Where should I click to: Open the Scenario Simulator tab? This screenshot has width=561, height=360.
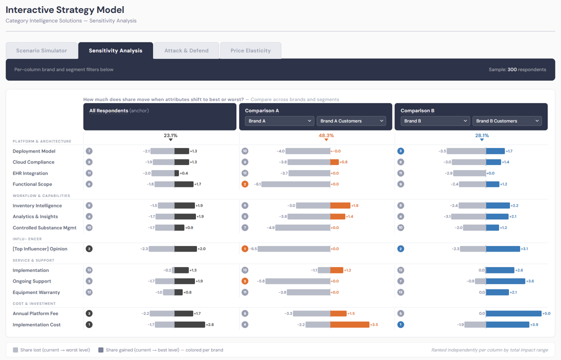point(41,50)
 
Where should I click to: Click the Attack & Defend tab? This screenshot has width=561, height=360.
point(186,50)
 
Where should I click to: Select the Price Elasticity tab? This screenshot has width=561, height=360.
point(250,50)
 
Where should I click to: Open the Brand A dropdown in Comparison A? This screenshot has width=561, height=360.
point(279,121)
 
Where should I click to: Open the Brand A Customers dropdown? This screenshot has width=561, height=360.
point(351,121)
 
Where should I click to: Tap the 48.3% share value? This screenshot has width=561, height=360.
point(326,135)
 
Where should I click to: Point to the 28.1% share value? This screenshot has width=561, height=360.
point(482,135)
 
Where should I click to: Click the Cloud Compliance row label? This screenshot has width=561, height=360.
point(33,162)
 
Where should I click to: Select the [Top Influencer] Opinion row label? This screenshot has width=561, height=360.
point(40,249)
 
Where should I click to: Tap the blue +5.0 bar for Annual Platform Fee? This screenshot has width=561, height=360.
point(513,313)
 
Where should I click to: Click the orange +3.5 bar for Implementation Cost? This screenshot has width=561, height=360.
point(349,324)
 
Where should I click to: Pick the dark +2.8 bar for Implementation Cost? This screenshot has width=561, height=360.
point(189,324)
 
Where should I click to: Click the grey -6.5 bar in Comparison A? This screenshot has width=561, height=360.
point(293,249)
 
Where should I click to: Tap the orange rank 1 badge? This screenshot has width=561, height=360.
point(245,249)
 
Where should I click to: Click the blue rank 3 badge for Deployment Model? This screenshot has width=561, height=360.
point(400,151)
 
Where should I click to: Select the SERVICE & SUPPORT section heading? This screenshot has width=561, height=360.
point(33,260)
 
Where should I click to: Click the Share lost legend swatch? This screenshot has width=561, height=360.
point(15,350)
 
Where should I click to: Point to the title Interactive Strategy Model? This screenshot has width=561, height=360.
point(65,10)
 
